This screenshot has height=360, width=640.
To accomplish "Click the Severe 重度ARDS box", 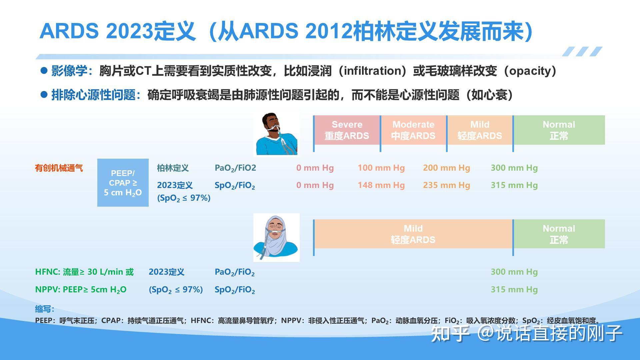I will click(x=347, y=130).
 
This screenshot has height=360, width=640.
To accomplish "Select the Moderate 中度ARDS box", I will click(x=413, y=130).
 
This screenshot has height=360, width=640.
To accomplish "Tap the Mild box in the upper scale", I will click(x=480, y=130).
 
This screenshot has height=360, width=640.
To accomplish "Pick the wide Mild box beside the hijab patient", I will click(x=413, y=234).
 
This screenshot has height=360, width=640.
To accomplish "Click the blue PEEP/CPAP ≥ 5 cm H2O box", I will click(x=123, y=183).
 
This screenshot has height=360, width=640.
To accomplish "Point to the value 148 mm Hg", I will click(x=381, y=185).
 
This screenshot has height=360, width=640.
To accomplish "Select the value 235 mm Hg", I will click(x=446, y=185).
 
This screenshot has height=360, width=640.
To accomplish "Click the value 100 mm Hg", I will click(x=381, y=168).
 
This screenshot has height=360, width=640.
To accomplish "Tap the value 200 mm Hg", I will click(x=446, y=168).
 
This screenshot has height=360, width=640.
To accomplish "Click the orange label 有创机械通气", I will click(x=59, y=168).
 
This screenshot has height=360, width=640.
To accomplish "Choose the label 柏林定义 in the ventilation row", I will click(x=173, y=168).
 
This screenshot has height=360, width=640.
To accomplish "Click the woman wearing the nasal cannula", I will click(x=276, y=238).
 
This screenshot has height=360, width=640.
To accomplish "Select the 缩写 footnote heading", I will click(x=44, y=309).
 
